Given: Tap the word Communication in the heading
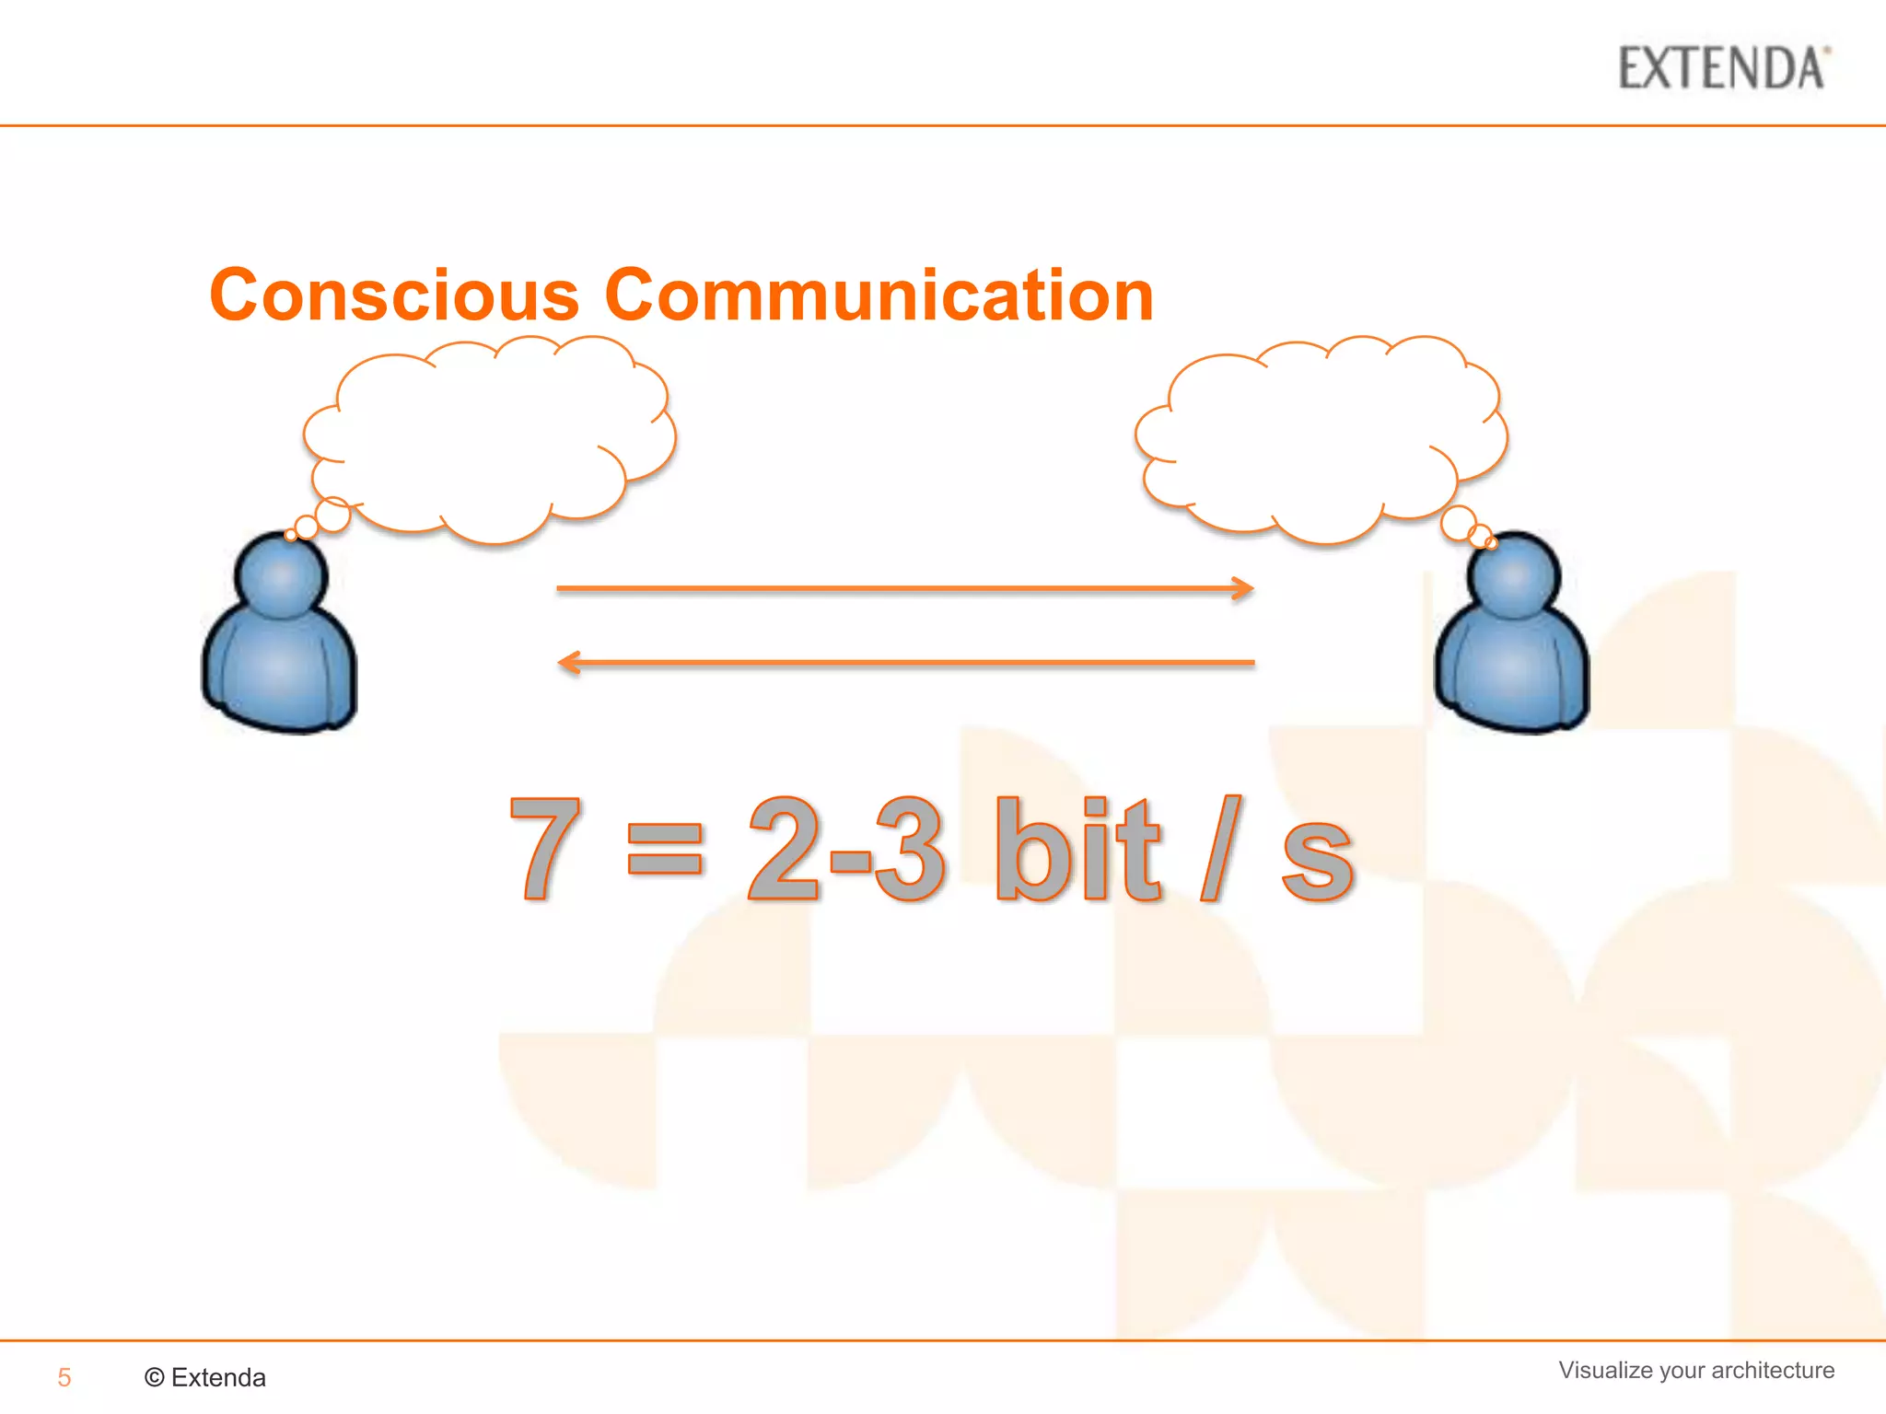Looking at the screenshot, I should [x=879, y=296].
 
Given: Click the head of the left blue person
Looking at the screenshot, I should [x=281, y=575].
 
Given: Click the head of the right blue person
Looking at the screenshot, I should [x=1513, y=575].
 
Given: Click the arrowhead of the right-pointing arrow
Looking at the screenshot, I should [x=1244, y=588].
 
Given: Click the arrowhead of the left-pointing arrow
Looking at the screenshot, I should [x=569, y=662].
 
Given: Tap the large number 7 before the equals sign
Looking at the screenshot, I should [x=545, y=847].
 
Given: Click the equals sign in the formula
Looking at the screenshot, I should [x=664, y=849].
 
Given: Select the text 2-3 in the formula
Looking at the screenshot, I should [x=845, y=847].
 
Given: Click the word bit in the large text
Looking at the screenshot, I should [x=1077, y=847].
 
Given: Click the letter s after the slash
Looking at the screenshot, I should [x=1317, y=861].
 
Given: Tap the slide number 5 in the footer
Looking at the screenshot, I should [x=64, y=1377].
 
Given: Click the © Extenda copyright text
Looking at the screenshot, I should [x=205, y=1377].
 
